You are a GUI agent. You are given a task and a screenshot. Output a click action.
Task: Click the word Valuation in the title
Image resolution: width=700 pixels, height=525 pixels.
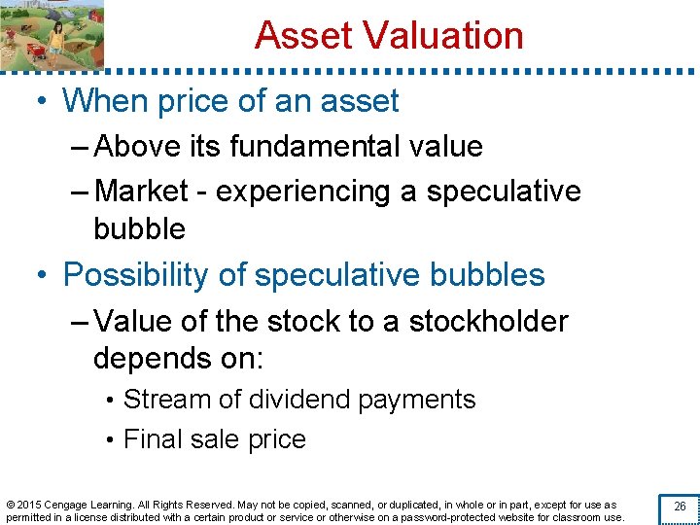click(x=443, y=35)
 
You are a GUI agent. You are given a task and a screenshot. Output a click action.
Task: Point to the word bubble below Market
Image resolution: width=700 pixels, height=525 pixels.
click(x=139, y=228)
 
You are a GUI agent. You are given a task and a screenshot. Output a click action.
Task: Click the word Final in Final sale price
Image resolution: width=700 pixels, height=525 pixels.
click(x=150, y=439)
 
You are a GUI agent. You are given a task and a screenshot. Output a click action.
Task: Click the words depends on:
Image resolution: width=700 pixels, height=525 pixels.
click(x=178, y=358)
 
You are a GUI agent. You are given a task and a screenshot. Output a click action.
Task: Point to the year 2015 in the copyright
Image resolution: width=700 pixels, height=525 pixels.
click(x=29, y=505)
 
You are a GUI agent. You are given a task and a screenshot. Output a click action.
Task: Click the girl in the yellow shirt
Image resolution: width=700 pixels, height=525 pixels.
click(x=56, y=36)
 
